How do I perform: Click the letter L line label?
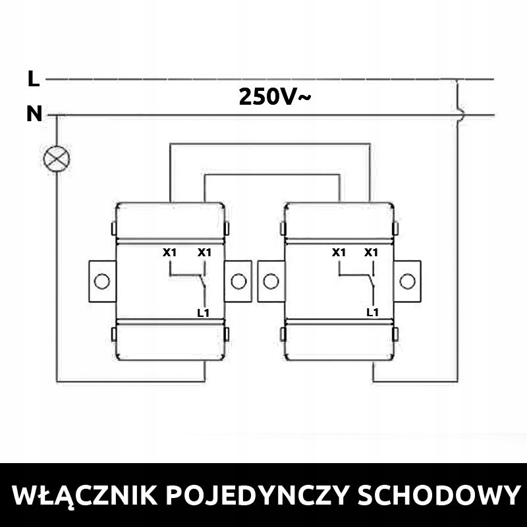(33, 79)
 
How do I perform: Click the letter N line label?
(34, 115)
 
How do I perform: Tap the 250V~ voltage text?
(275, 97)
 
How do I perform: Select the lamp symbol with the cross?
(57, 158)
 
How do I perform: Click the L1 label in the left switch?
(203, 313)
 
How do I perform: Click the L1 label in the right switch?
(372, 312)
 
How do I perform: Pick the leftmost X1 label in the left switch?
(170, 252)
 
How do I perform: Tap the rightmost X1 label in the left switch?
(204, 252)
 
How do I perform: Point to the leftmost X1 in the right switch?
(339, 252)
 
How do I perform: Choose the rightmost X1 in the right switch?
(372, 252)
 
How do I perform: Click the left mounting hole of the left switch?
(101, 282)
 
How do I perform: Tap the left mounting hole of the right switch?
(271, 282)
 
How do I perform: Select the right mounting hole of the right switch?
(407, 282)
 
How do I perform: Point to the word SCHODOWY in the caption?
(437, 495)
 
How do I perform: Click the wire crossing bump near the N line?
(459, 115)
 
